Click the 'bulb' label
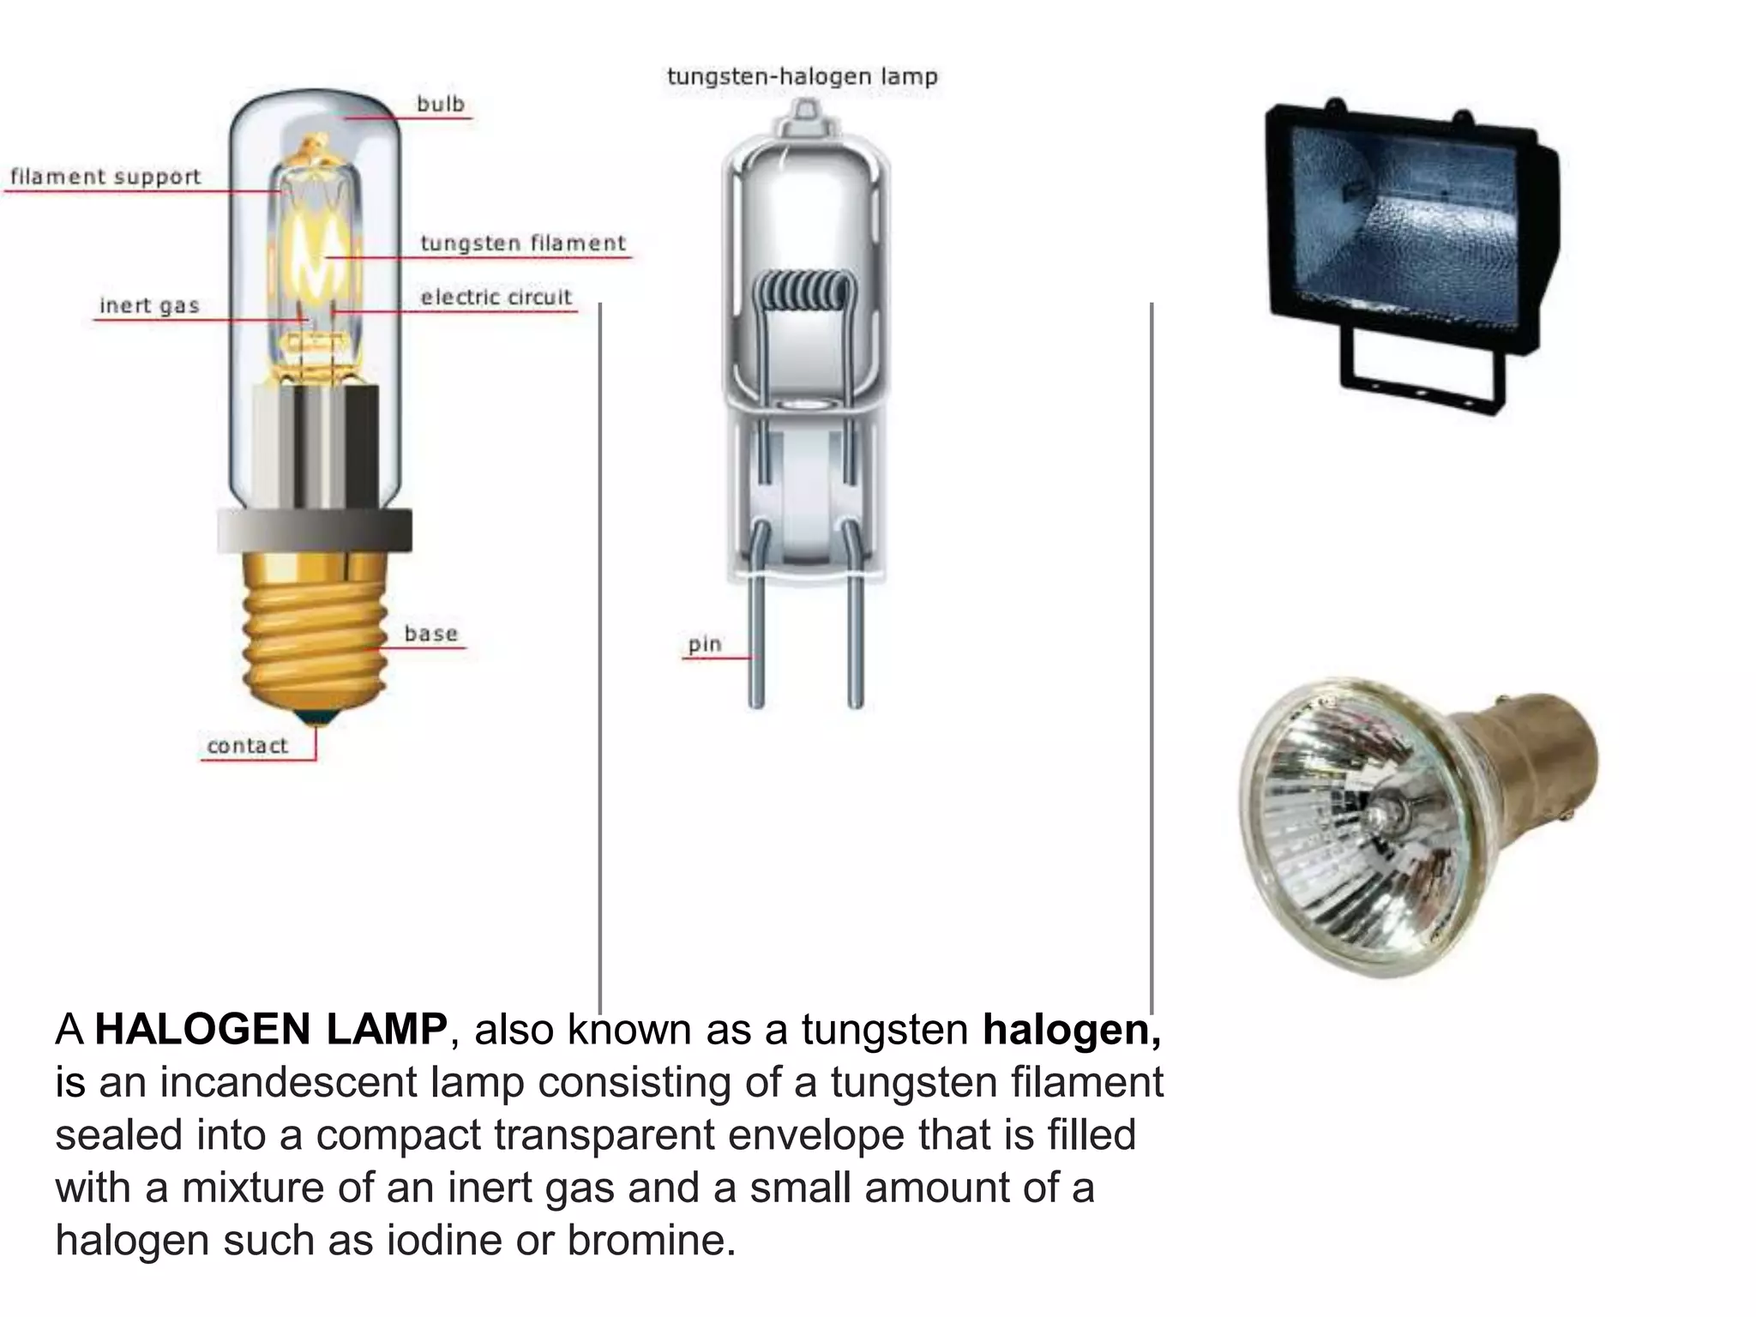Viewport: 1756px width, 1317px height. [x=441, y=104]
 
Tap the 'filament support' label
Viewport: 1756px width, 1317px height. [x=105, y=177]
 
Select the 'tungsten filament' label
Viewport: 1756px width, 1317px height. [x=523, y=244]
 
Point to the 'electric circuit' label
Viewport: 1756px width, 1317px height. [x=496, y=298]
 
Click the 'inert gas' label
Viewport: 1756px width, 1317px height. [x=149, y=305]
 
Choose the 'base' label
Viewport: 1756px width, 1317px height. [x=431, y=634]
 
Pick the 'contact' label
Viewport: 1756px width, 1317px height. [x=247, y=746]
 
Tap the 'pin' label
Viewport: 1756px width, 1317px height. [x=705, y=644]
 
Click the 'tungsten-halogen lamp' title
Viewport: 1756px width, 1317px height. [x=803, y=77]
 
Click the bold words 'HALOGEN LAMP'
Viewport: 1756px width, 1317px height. [x=271, y=1029]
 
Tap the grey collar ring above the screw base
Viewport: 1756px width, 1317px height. [x=314, y=530]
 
